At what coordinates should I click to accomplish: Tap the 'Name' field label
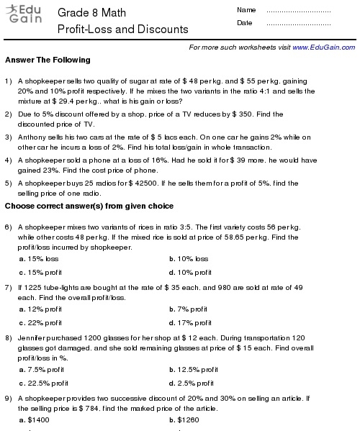click(x=246, y=10)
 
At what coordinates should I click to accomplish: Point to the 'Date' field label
click(x=244, y=23)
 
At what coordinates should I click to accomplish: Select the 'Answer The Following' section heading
click(x=48, y=60)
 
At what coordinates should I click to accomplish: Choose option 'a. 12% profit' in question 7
click(x=44, y=309)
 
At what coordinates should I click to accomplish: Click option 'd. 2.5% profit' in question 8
click(x=192, y=384)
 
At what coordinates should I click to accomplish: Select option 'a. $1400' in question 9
click(x=39, y=419)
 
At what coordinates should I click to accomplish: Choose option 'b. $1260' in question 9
click(x=184, y=419)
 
